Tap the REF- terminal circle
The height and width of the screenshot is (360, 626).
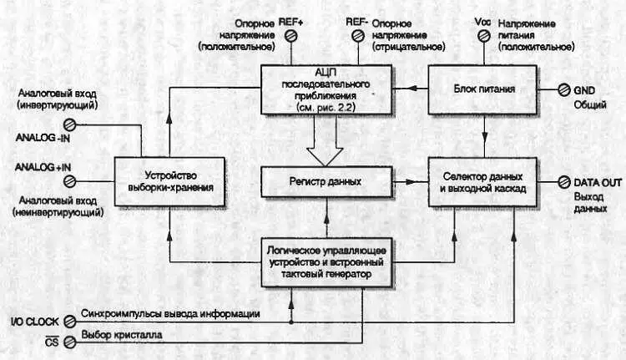(356, 36)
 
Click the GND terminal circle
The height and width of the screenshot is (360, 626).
(563, 89)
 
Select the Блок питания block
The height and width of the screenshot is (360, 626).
(484, 89)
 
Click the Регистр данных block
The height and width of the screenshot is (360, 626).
(326, 180)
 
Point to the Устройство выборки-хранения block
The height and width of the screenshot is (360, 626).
(169, 181)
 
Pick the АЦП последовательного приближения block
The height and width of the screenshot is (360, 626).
(326, 90)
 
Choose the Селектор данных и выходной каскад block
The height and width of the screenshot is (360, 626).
(484, 181)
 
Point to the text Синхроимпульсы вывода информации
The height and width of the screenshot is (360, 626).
(171, 315)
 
